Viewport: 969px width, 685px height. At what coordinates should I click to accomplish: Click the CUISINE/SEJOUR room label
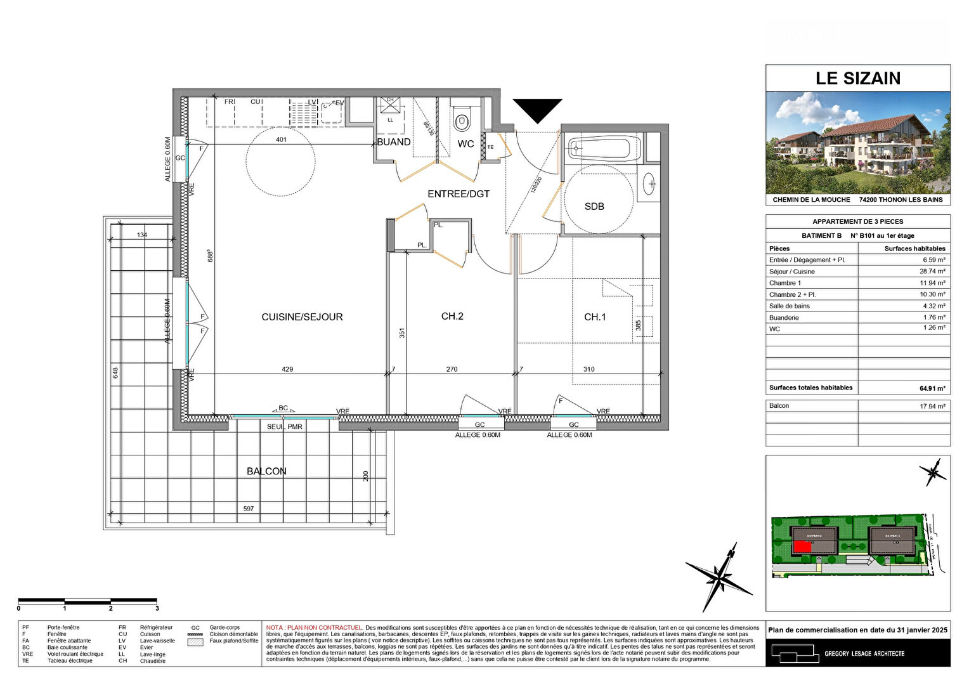click(x=302, y=317)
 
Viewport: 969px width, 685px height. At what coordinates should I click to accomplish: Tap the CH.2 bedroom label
click(x=452, y=316)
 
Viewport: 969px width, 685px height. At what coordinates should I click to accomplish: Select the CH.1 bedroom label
click(x=595, y=317)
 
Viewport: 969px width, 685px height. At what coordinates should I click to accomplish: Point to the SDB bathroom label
click(x=594, y=207)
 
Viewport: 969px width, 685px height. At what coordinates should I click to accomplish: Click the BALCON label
click(x=266, y=471)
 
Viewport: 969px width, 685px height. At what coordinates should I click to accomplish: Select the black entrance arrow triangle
click(x=537, y=109)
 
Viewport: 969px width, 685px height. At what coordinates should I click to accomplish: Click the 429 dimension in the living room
click(x=287, y=369)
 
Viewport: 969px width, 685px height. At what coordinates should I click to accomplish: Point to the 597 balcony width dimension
click(x=249, y=509)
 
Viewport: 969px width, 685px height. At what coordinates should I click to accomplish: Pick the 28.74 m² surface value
click(x=932, y=271)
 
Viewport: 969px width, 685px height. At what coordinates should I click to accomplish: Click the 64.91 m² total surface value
click(x=932, y=388)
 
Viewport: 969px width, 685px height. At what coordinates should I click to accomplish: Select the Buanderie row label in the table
click(x=784, y=318)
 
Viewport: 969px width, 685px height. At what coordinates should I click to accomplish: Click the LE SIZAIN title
click(x=857, y=79)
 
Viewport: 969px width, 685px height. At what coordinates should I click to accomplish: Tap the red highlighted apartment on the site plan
click(x=802, y=546)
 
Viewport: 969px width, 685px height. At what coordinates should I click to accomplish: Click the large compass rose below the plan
click(x=719, y=577)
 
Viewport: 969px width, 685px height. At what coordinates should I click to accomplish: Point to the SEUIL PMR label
click(x=285, y=427)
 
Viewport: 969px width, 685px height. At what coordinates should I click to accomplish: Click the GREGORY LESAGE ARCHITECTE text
click(x=864, y=653)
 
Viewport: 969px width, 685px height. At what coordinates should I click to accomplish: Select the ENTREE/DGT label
click(x=458, y=194)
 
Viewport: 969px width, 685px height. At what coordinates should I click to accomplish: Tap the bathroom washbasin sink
click(x=649, y=184)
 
